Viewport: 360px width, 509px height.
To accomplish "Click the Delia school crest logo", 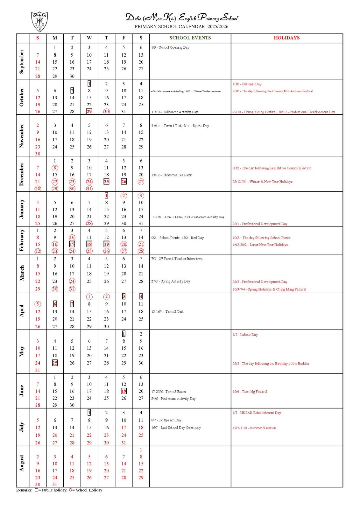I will (39, 21).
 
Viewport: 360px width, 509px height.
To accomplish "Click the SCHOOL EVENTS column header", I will (190, 38).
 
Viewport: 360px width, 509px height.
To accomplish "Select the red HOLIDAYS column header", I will (286, 38).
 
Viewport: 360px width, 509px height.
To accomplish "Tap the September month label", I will (22, 61).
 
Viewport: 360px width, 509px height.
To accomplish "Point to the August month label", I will (22, 463).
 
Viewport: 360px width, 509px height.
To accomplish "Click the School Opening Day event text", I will (170, 47).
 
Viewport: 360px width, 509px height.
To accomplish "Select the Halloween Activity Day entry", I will (174, 112).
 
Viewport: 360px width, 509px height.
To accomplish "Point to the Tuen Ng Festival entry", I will (250, 392).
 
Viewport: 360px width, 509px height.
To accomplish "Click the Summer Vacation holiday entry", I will (254, 428).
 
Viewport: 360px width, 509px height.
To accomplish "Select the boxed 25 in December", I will (106, 182).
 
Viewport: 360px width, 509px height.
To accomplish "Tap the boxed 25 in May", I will (55, 363).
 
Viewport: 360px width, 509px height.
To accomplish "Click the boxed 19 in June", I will (124, 391).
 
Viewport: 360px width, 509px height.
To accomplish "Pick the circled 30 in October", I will (106, 112).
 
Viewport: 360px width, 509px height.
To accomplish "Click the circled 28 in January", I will (89, 223).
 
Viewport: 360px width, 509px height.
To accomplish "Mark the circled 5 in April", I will (38, 304).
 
